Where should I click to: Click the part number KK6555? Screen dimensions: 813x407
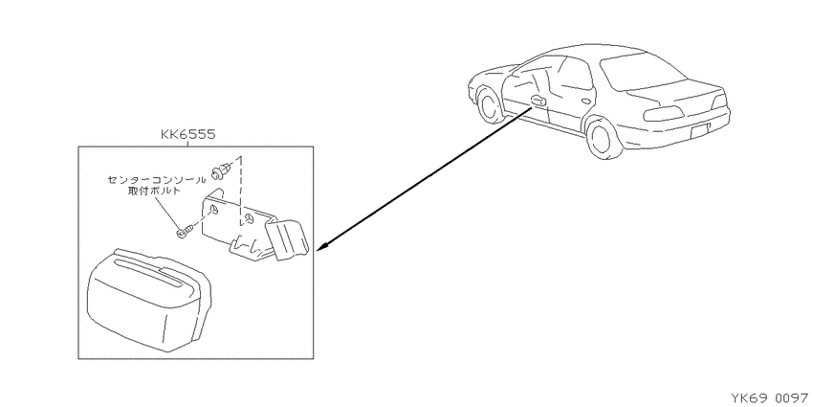(187, 135)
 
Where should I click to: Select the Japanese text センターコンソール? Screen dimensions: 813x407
(156, 180)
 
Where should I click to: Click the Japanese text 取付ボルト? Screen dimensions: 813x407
(156, 191)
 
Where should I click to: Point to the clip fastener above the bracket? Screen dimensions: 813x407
(220, 170)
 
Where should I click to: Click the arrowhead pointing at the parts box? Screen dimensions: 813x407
(321, 245)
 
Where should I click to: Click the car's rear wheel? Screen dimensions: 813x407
(602, 139)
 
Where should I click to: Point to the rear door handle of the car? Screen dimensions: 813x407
(587, 102)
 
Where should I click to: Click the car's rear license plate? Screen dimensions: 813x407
(701, 132)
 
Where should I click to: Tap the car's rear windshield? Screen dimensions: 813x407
(643, 71)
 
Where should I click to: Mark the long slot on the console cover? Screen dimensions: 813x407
(150, 274)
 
